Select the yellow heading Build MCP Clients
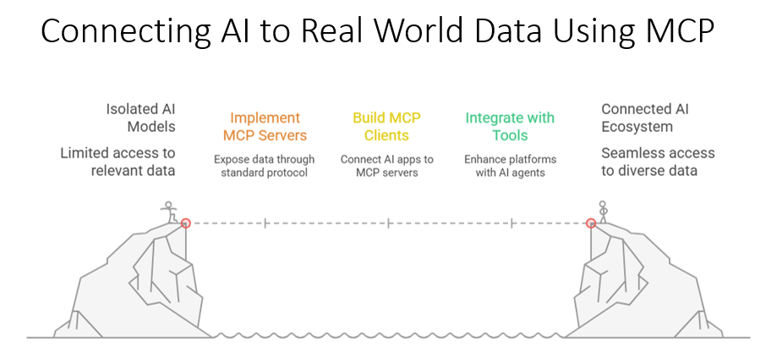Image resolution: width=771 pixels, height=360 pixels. pyautogui.click(x=386, y=127)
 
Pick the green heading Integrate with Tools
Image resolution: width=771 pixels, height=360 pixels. pyautogui.click(x=510, y=127)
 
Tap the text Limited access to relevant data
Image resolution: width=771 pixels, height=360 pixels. pyautogui.click(x=118, y=161)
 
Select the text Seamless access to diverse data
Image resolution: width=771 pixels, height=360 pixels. pyautogui.click(x=658, y=161)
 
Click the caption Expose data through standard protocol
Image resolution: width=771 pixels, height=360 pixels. pyautogui.click(x=264, y=166)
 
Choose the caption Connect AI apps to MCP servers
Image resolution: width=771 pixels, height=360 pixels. pyautogui.click(x=386, y=166)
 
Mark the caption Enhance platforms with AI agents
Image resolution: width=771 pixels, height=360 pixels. pyautogui.click(x=510, y=166)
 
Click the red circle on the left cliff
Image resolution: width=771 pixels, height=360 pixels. pyautogui.click(x=186, y=223)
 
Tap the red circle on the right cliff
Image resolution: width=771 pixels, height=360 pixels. pyautogui.click(x=591, y=223)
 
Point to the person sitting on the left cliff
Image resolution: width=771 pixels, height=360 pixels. pyautogui.click(x=170, y=211)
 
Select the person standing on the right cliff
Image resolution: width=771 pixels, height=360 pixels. pyautogui.click(x=603, y=210)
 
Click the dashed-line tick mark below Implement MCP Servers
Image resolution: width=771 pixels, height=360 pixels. pyautogui.click(x=265, y=223)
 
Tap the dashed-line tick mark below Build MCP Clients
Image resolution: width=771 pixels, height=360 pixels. pyautogui.click(x=388, y=223)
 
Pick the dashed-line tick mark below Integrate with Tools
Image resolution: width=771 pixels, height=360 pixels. pyautogui.click(x=511, y=223)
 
